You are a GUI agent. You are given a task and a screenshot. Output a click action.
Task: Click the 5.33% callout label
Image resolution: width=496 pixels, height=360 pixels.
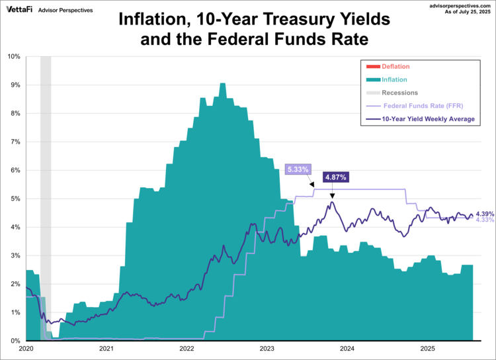[x=297, y=169]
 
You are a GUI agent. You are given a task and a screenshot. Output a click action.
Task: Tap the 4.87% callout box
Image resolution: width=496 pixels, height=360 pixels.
[x=335, y=177]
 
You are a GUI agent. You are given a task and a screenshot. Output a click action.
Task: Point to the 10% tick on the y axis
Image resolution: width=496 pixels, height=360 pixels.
[x=14, y=56]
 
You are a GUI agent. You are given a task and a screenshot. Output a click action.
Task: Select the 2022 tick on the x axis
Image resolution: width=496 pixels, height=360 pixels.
[x=186, y=348]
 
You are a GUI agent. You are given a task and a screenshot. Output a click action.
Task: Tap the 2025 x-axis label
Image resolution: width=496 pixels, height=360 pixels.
[x=427, y=348]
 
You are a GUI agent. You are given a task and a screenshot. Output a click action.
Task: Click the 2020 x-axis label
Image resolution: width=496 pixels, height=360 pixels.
[x=26, y=348]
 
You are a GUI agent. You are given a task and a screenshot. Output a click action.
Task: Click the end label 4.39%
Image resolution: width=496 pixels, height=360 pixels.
[x=485, y=214]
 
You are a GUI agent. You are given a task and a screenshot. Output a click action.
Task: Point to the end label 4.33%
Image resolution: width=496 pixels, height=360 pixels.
[x=485, y=220]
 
